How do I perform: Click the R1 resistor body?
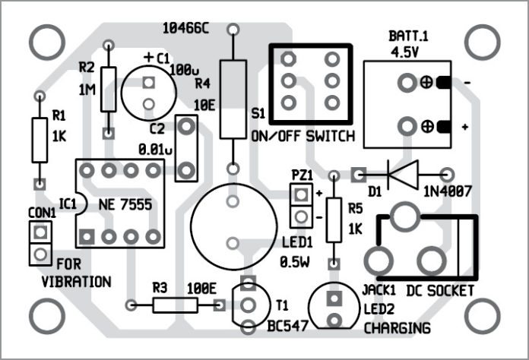[39, 140]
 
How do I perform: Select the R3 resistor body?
[175, 305]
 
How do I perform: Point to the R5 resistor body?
[333, 220]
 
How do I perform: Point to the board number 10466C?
[186, 28]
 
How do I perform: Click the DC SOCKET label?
[440, 291]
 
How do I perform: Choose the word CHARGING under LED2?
[397, 328]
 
